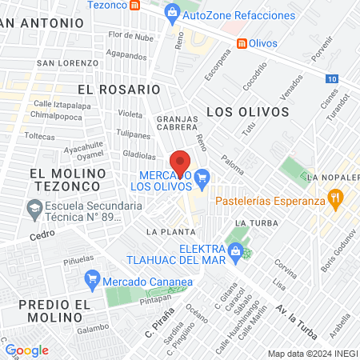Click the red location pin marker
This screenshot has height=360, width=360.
tap(181, 162)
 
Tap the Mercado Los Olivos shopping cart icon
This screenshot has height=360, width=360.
tap(202, 176)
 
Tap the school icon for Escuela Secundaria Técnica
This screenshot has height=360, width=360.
tap(34, 210)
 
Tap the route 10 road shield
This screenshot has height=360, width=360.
tap(332, 78)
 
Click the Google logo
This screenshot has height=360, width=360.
tap(26, 350)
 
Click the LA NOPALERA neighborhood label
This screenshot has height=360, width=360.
tap(332, 177)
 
